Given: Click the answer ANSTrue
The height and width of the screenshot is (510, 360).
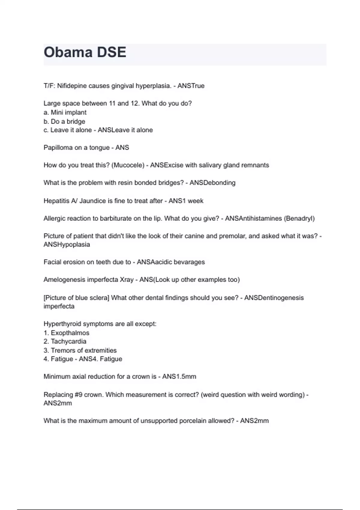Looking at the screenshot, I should pyautogui.click(x=191, y=86).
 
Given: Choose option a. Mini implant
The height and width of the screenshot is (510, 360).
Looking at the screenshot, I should pyautogui.click(x=65, y=112).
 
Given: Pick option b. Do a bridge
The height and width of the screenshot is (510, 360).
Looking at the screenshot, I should pyautogui.click(x=64, y=121).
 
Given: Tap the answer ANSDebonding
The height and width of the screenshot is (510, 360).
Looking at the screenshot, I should pyautogui.click(x=212, y=183).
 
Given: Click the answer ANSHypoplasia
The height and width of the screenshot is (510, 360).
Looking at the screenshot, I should pyautogui.click(x=67, y=244).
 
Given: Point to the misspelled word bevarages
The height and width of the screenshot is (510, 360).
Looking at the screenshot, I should pyautogui.click(x=191, y=262).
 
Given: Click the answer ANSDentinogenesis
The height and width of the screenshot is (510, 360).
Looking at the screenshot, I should pyautogui.click(x=274, y=298).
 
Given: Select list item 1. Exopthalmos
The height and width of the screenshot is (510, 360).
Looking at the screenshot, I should pyautogui.click(x=66, y=333).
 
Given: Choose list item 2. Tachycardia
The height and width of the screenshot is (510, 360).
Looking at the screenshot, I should pyautogui.click(x=65, y=341).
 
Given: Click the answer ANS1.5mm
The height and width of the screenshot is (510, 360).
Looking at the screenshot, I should pyautogui.click(x=179, y=376).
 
